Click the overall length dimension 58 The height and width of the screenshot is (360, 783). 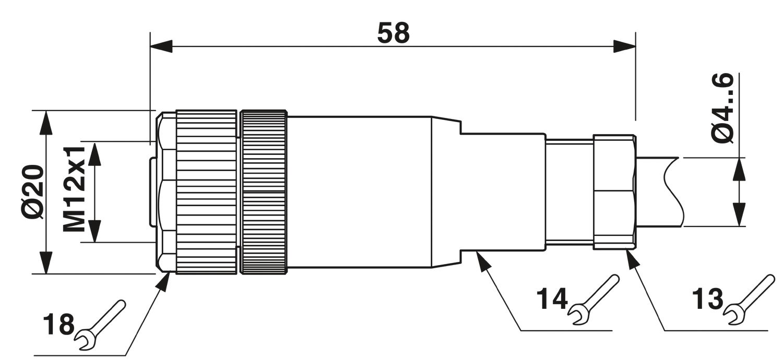tap(393, 33)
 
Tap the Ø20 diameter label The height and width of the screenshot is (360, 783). tap(35, 192)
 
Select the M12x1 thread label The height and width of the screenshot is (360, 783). tap(75, 189)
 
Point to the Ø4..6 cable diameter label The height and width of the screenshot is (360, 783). tap(722, 109)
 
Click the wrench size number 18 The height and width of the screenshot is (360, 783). tap(58, 325)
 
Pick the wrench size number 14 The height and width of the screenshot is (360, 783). tap(552, 299)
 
